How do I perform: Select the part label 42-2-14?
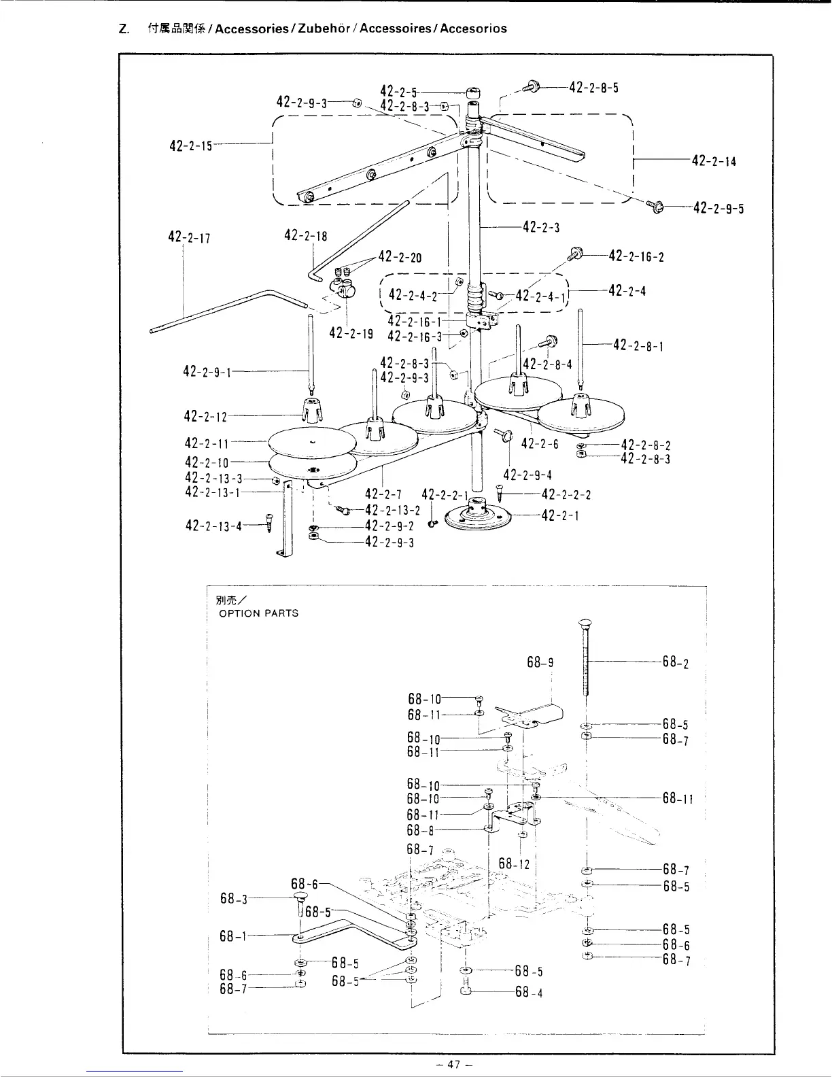click(714, 161)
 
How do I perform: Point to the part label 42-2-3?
click(541, 227)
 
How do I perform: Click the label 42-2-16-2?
click(636, 256)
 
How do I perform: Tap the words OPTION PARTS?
click(258, 613)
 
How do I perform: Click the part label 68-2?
click(676, 662)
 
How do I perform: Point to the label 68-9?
click(541, 662)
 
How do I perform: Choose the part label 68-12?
click(514, 864)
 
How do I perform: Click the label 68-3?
click(233, 898)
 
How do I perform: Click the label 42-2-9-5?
click(718, 208)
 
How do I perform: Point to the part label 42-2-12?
click(207, 415)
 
